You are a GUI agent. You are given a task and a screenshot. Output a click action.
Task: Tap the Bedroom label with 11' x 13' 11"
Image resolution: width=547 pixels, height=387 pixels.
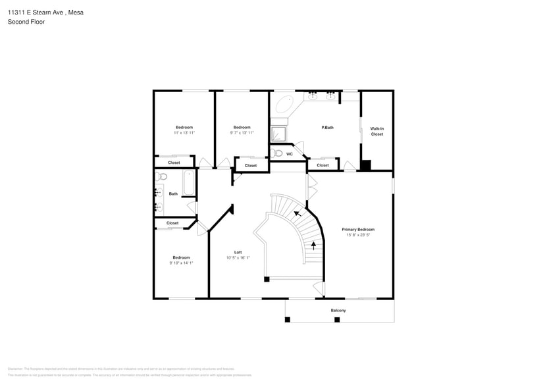pyautogui.click(x=184, y=127)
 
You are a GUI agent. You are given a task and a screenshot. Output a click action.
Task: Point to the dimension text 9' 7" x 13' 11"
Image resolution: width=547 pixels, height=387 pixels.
pyautogui.click(x=242, y=133)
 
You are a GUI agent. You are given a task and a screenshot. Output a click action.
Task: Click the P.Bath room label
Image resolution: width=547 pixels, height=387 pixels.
pyautogui.click(x=327, y=127)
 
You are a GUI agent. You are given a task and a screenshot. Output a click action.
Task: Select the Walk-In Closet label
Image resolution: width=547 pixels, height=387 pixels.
pyautogui.click(x=377, y=131)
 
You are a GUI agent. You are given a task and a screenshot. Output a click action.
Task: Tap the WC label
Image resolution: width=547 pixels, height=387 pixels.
pyautogui.click(x=289, y=154)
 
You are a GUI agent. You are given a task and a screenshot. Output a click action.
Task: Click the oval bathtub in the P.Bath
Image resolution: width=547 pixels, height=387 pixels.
pyautogui.click(x=285, y=105)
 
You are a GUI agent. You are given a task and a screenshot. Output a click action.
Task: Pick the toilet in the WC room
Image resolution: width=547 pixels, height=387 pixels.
pyautogui.click(x=278, y=153)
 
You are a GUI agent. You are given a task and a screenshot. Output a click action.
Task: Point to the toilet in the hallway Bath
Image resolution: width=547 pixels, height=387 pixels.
pyautogui.click(x=163, y=176)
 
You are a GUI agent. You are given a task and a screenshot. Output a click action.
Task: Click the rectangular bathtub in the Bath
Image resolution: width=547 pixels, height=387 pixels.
pyautogui.click(x=188, y=184)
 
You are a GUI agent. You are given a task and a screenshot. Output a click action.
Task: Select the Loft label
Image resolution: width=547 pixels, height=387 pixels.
pyautogui.click(x=238, y=252)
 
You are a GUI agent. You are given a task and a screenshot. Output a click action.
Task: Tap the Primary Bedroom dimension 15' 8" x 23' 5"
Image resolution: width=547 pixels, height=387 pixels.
pyautogui.click(x=358, y=235)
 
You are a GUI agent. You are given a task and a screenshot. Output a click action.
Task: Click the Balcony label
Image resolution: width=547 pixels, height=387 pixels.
pyautogui.click(x=338, y=310)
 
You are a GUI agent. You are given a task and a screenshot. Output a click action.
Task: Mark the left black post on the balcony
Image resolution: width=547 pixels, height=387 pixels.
pyautogui.click(x=287, y=320)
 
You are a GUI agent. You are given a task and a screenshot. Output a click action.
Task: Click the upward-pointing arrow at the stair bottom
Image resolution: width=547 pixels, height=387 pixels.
pyautogui.click(x=313, y=245)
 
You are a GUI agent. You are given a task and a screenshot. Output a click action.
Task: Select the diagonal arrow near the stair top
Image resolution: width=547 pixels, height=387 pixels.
pyautogui.click(x=298, y=213)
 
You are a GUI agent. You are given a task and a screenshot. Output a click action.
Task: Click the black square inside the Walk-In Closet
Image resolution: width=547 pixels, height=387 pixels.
pyautogui.click(x=366, y=165)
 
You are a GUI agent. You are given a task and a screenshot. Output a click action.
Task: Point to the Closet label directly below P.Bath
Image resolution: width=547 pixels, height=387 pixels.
pyautogui.click(x=323, y=165)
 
